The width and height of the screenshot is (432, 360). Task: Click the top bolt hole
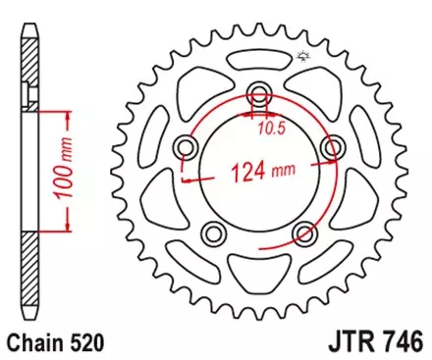[259, 95]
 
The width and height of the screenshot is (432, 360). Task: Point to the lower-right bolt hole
[304, 233]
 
